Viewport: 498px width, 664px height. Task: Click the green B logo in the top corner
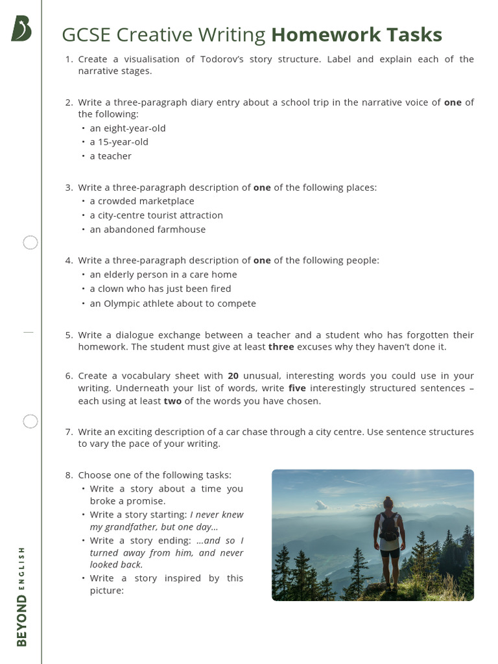point(21,29)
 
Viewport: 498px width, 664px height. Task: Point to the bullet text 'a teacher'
point(110,156)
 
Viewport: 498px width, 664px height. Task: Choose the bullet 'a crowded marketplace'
point(142,201)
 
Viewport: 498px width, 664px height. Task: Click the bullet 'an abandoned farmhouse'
point(147,230)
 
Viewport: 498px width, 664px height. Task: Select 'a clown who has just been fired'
point(160,289)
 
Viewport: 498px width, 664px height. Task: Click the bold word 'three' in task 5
point(281,347)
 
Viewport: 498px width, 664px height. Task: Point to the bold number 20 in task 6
point(233,376)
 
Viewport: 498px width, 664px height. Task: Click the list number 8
point(68,475)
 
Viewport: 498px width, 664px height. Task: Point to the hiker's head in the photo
point(388,503)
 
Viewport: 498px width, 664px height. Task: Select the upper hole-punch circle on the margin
point(30,243)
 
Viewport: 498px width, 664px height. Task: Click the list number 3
point(68,187)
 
